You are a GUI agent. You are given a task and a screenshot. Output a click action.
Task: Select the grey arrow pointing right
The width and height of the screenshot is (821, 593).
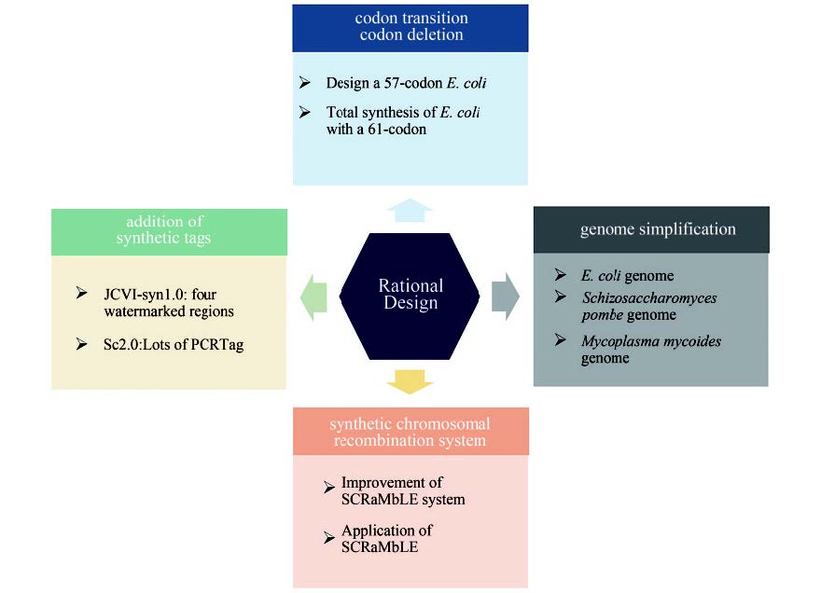click(x=505, y=296)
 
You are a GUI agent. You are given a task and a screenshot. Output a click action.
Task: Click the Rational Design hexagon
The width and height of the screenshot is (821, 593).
click(x=410, y=295)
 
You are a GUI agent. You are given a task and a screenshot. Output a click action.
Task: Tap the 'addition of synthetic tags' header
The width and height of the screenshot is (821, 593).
click(x=169, y=230)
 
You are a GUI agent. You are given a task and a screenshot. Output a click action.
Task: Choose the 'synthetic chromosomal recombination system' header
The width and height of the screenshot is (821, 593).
click(x=410, y=432)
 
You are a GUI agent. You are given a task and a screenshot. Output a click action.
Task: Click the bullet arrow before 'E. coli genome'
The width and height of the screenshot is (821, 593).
click(x=560, y=275)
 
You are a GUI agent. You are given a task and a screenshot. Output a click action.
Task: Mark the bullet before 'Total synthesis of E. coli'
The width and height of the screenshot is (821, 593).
click(x=305, y=113)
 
